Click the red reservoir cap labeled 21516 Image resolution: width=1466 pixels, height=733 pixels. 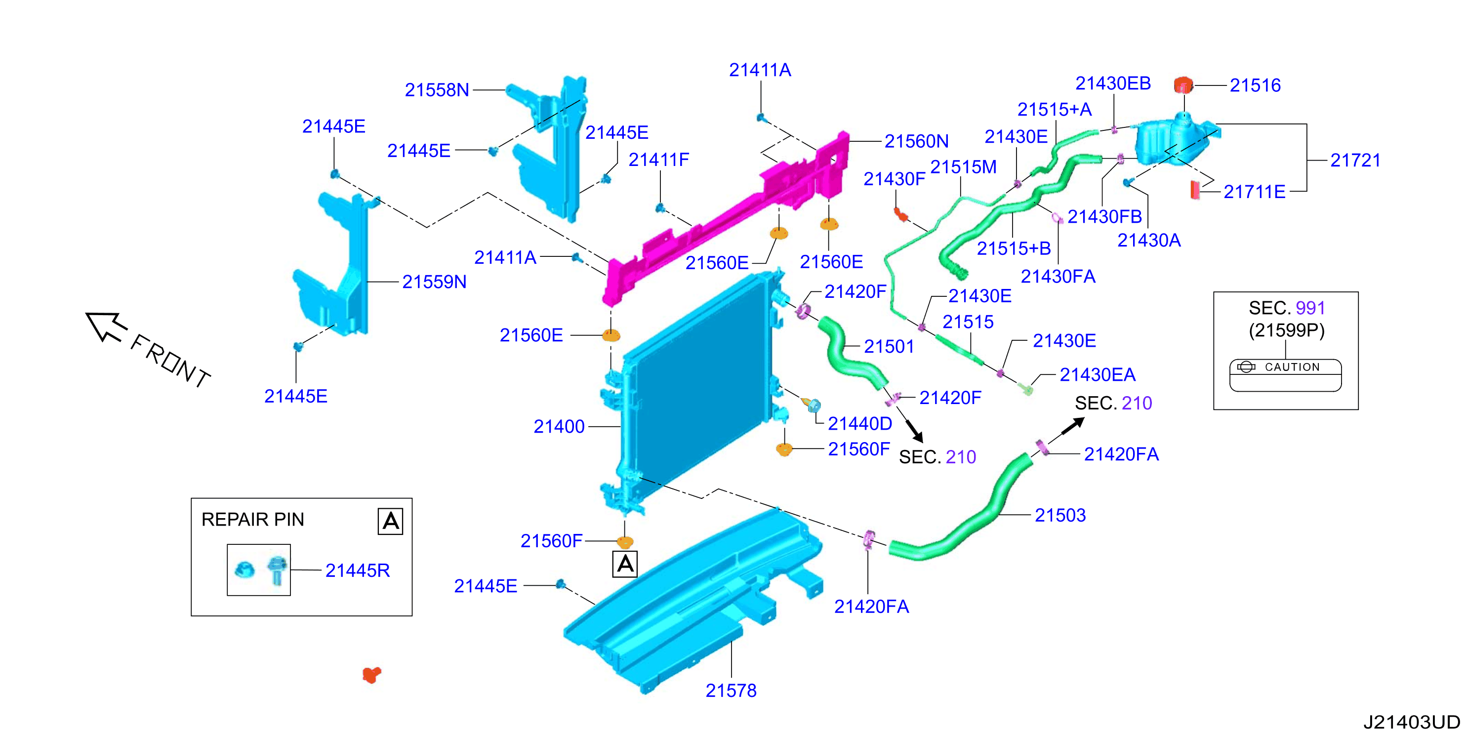pyautogui.click(x=1183, y=85)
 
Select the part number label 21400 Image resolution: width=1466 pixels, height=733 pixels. pyautogui.click(x=559, y=426)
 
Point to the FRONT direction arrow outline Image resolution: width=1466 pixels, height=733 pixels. pyautogui.click(x=105, y=326)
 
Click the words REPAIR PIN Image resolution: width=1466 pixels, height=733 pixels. pyautogui.click(x=253, y=520)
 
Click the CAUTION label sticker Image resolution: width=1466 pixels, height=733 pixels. pyautogui.click(x=1285, y=375)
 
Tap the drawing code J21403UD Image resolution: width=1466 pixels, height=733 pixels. pyautogui.click(x=1411, y=722)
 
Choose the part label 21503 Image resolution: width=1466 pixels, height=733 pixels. pyautogui.click(x=1060, y=515)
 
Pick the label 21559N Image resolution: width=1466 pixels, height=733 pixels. pyautogui.click(x=434, y=282)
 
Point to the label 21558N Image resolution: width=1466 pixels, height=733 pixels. pyautogui.click(x=437, y=90)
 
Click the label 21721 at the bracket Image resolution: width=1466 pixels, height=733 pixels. pyautogui.click(x=1355, y=161)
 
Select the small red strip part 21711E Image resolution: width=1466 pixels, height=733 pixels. pyautogui.click(x=1195, y=190)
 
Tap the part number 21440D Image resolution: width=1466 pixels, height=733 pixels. pyautogui.click(x=860, y=424)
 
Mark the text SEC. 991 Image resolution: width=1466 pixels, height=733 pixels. pyautogui.click(x=1287, y=308)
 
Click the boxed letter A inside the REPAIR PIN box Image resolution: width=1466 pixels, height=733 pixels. pyautogui.click(x=390, y=521)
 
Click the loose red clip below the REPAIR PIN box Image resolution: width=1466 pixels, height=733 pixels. pyautogui.click(x=371, y=675)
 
